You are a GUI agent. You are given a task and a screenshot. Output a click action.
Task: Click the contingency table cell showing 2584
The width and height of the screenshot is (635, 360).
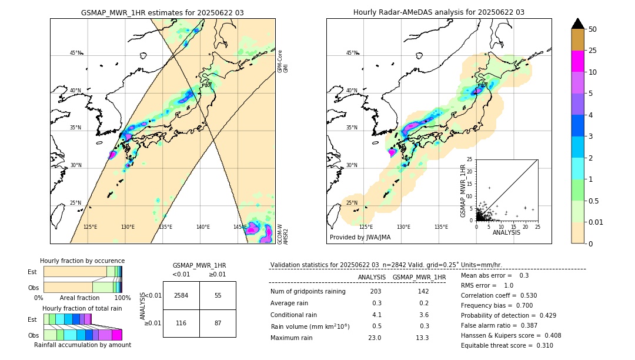tap(181, 295)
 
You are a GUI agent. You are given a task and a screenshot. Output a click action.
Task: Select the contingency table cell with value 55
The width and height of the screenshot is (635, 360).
tap(218, 295)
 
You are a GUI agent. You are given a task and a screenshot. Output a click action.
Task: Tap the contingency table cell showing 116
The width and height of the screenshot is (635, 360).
tap(181, 324)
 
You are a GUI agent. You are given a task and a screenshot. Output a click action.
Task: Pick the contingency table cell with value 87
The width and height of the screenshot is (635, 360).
tap(218, 324)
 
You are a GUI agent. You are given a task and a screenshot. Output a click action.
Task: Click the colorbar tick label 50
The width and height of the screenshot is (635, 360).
tap(593, 29)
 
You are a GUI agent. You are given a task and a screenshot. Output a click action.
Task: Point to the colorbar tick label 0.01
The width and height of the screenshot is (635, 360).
tap(596, 222)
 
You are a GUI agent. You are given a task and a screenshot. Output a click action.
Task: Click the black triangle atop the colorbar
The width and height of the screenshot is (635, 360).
tap(578, 24)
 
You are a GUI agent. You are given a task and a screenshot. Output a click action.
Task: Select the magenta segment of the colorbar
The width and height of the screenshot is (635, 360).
tap(578, 61)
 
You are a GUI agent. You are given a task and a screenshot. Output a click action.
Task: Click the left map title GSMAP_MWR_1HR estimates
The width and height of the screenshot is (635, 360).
tap(162, 12)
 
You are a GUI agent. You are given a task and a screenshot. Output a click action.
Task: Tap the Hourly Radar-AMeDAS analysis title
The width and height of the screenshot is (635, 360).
tap(439, 12)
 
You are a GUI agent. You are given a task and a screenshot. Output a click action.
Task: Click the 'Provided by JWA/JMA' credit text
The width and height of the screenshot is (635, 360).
tap(360, 238)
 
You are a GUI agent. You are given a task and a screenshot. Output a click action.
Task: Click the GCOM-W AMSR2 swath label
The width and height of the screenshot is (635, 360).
tap(282, 234)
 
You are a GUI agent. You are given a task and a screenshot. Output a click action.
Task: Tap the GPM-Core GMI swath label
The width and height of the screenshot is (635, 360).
tap(282, 61)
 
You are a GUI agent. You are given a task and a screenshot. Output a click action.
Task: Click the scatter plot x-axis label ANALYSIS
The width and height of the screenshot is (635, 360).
tap(506, 233)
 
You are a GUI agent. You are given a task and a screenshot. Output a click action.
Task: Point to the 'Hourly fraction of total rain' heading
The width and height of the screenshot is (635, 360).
tap(82, 308)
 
